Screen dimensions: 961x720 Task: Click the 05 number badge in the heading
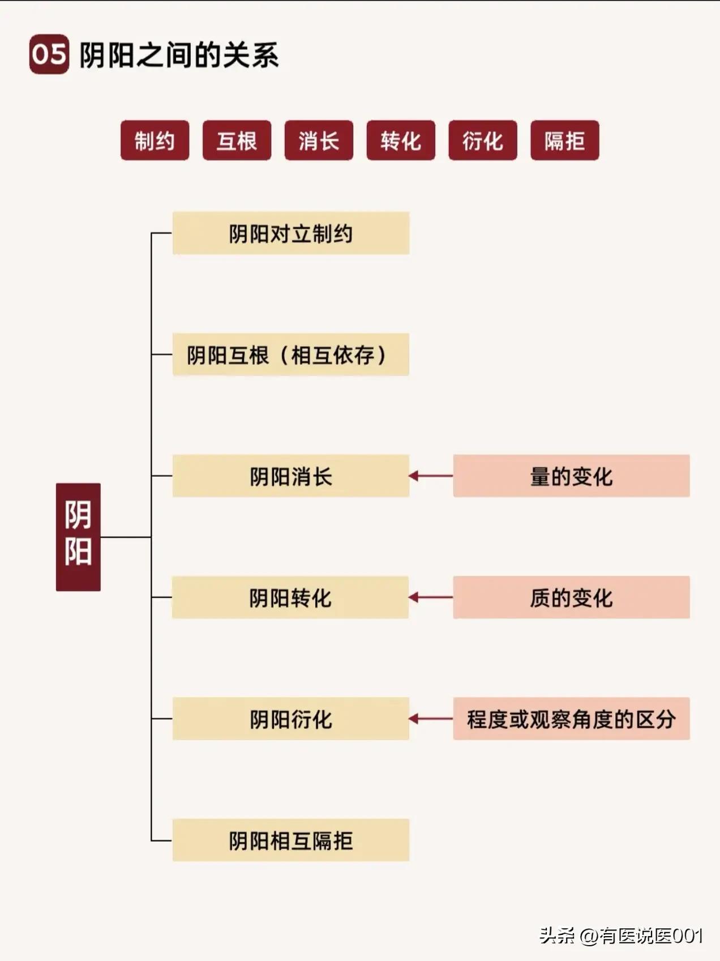(x=49, y=54)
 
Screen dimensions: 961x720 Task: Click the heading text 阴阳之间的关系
(x=179, y=55)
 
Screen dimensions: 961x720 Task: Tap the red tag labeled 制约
(x=155, y=140)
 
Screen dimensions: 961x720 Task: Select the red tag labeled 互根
(x=237, y=140)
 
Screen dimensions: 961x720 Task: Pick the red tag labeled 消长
(x=319, y=140)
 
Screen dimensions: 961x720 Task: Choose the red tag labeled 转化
(x=401, y=140)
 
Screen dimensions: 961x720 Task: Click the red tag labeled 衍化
(x=483, y=140)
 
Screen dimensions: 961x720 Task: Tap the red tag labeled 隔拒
(x=564, y=140)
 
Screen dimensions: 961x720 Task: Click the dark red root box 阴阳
(x=78, y=536)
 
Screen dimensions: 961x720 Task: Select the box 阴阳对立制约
(x=290, y=233)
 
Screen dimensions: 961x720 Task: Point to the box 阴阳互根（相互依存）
(x=290, y=354)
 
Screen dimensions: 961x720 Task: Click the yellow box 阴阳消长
(x=290, y=476)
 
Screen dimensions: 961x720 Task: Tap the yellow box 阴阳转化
(x=290, y=597)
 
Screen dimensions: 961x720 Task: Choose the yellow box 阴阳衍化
(x=290, y=719)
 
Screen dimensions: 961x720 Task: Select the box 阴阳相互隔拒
(x=290, y=840)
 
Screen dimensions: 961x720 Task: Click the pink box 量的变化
(x=571, y=476)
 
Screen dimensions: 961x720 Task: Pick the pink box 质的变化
(x=571, y=597)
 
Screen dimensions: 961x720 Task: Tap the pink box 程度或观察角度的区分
(x=571, y=719)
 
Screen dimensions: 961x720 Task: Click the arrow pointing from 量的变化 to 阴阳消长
(x=431, y=476)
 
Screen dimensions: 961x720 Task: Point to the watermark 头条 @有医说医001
(x=621, y=936)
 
